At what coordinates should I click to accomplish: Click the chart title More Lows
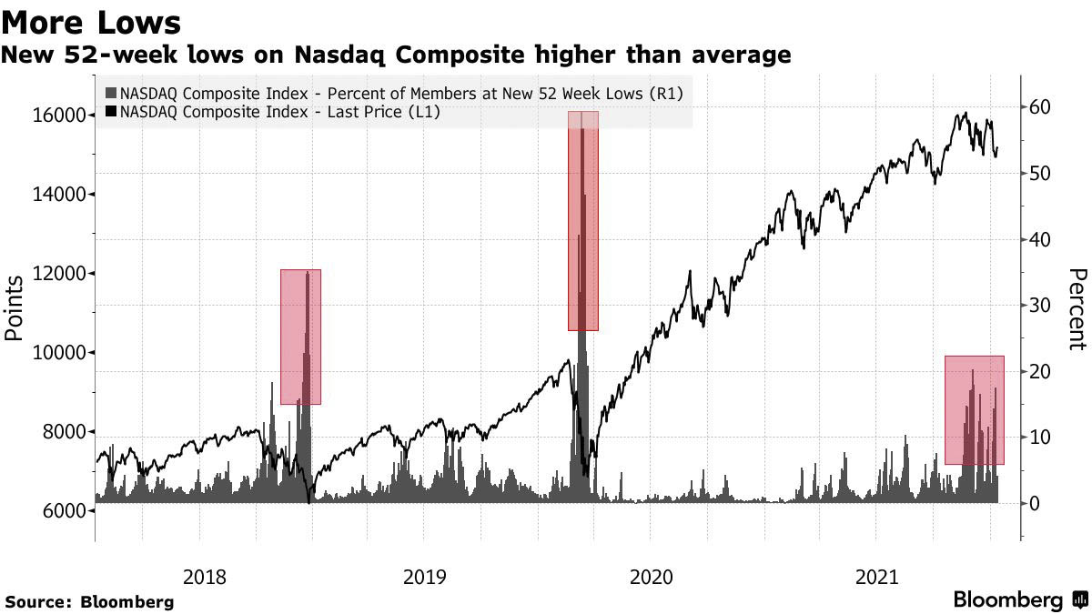coord(92,21)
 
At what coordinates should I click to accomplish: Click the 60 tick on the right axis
coord(1040,107)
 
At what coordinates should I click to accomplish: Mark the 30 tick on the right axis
coord(1040,306)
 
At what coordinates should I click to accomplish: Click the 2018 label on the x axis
coord(205,576)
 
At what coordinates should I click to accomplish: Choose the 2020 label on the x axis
coord(650,576)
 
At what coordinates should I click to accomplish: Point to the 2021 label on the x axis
coord(875,576)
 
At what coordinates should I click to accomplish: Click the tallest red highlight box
coord(583,221)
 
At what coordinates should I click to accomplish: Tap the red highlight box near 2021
coord(974,410)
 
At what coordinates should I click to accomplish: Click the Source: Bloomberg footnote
coord(89,601)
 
